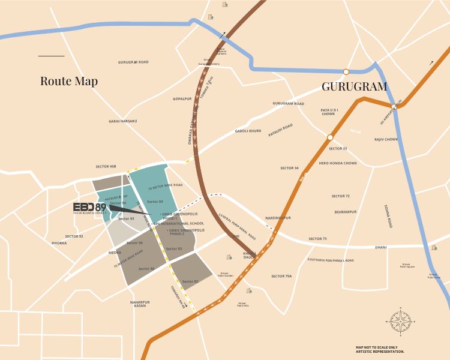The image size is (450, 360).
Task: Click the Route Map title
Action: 68,81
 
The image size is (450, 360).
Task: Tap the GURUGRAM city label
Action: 354,86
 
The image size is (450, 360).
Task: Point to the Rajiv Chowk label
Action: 386,139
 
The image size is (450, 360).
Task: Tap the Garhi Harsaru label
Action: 122,121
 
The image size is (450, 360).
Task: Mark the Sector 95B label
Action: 106,166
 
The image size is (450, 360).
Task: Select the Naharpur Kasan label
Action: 139,304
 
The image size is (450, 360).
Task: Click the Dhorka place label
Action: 59,243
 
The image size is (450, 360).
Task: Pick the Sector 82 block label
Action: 190,281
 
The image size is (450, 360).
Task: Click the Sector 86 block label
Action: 146,268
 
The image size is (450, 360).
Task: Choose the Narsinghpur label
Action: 277,218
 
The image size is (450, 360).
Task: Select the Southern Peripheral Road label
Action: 331,260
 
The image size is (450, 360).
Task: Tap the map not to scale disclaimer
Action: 380,349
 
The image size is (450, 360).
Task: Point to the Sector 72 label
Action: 340,196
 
